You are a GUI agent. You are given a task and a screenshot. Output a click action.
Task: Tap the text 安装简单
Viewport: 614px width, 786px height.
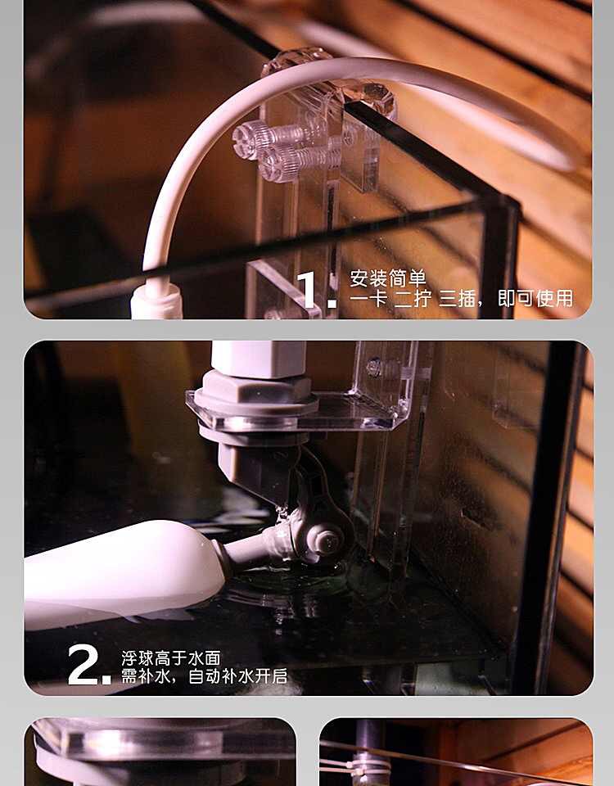(x=387, y=278)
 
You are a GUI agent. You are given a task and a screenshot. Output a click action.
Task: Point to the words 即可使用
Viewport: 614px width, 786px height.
(x=535, y=299)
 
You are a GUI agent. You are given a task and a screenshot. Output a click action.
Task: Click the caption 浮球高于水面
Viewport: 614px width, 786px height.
(x=171, y=658)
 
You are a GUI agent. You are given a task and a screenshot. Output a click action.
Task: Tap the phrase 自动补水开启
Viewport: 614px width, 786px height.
(x=237, y=676)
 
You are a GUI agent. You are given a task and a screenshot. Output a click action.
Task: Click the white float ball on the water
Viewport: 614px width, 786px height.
(x=124, y=574)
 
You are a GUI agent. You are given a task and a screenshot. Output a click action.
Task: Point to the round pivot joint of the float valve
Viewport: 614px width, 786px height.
(x=327, y=537)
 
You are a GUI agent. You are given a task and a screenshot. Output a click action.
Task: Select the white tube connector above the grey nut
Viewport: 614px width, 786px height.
(x=258, y=359)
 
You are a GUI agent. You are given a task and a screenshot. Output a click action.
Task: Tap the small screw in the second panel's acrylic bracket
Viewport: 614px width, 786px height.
(x=374, y=368)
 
